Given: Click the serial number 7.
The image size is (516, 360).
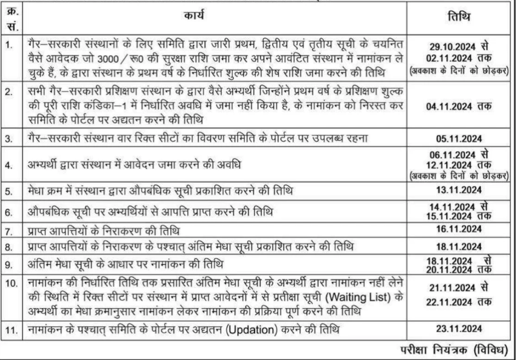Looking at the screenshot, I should (9, 231).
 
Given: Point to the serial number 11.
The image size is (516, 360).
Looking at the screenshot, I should (10, 330).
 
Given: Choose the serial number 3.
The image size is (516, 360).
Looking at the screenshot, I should (9, 138).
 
